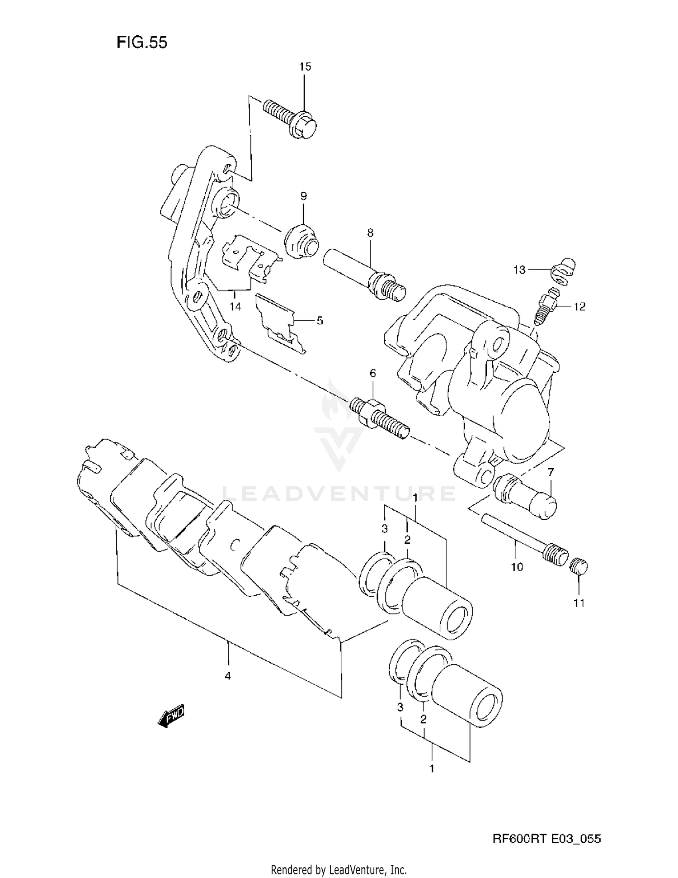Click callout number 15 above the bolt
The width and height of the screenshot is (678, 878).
[305, 66]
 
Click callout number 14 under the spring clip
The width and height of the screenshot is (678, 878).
[235, 306]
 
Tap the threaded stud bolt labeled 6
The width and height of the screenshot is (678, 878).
[380, 416]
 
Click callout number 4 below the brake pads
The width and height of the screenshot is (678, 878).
[228, 676]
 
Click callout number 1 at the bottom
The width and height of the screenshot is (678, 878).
[432, 768]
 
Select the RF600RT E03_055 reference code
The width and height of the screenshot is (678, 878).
[546, 839]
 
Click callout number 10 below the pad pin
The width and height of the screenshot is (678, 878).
[517, 566]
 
